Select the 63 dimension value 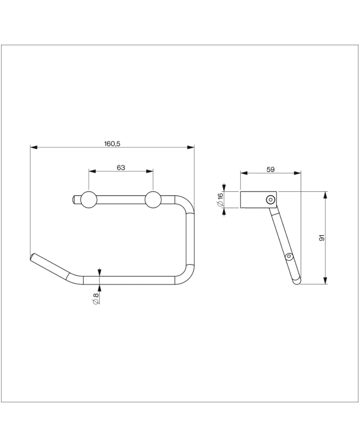pyautogui.click(x=121, y=168)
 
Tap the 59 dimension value pyautogui.click(x=271, y=168)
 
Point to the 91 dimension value pyautogui.click(x=321, y=238)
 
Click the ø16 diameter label pyautogui.click(x=220, y=200)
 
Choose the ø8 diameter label pyautogui.click(x=95, y=298)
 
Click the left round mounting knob pyautogui.click(x=88, y=200)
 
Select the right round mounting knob pyautogui.click(x=153, y=200)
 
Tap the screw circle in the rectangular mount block pyautogui.click(x=269, y=200)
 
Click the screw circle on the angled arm pyautogui.click(x=289, y=256)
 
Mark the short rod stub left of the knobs pyautogui.click(x=76, y=200)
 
